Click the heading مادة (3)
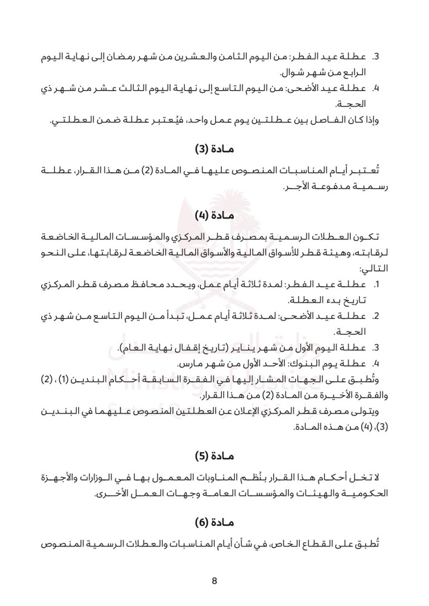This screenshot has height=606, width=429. (x=215, y=148)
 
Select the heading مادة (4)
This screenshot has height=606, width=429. (x=215, y=215)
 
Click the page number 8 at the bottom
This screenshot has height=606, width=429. (x=215, y=581)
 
